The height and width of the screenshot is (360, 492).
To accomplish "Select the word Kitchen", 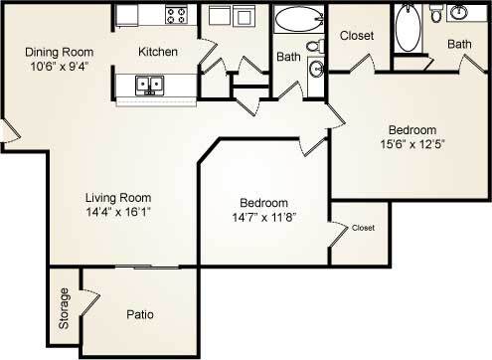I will click(x=158, y=52).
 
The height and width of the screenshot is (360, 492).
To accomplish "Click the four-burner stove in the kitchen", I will click(x=176, y=15).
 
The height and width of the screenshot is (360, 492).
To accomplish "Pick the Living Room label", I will click(x=117, y=195).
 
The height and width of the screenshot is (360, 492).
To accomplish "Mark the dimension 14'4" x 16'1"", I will click(x=117, y=211).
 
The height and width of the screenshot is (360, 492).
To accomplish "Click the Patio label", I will click(x=139, y=315).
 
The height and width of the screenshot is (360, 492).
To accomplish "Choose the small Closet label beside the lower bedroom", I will click(x=363, y=229).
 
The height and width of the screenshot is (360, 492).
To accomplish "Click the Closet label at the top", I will click(x=357, y=37).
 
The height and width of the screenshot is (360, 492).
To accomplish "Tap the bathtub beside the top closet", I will click(x=407, y=29).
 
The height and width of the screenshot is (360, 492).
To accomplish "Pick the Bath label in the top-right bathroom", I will click(x=459, y=44).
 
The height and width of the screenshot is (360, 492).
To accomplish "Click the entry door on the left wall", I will click(x=7, y=130).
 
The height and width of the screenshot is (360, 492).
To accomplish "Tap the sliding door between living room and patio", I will click(x=147, y=268).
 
